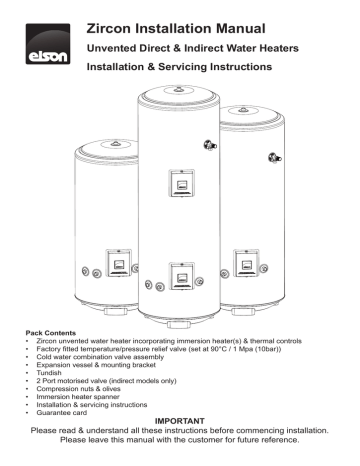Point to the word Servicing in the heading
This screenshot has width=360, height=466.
point(215,72)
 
